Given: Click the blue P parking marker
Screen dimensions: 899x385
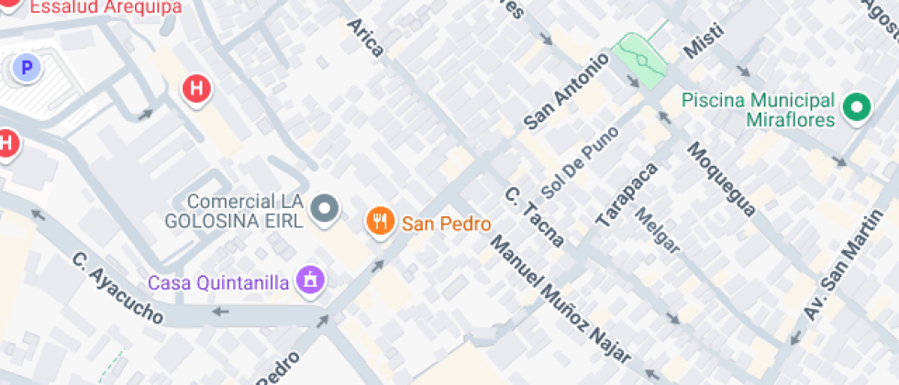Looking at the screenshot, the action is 27,67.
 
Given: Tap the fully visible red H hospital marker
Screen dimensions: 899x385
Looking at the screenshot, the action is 195,89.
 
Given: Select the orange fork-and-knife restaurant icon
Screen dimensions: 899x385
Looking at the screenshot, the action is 380,221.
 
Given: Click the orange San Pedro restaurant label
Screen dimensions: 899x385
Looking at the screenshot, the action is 447,223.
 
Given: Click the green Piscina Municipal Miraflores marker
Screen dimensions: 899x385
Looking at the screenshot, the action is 858,108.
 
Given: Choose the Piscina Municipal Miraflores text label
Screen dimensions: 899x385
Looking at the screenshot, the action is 759,109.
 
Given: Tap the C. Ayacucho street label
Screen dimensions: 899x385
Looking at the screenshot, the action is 118,288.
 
